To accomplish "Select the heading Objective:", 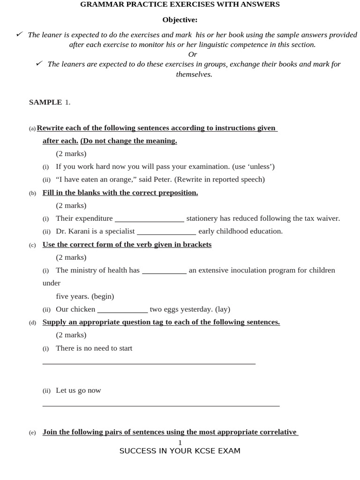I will click(x=180, y=20).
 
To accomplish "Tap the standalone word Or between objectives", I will click(x=192, y=54).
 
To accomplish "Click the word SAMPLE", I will click(x=45, y=102).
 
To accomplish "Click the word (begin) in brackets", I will click(x=103, y=296).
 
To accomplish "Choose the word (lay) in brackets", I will click(x=223, y=309).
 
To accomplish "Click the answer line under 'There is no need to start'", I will click(x=149, y=363).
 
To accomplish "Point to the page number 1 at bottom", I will click(x=180, y=442).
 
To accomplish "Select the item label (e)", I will click(x=32, y=433).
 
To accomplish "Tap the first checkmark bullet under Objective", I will click(x=19, y=34).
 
